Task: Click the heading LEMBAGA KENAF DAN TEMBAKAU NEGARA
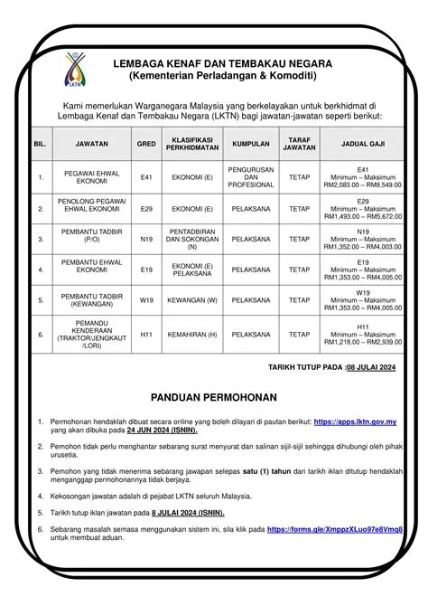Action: pyautogui.click(x=221, y=64)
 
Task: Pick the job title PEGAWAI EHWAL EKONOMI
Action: pyautogui.click(x=87, y=177)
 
